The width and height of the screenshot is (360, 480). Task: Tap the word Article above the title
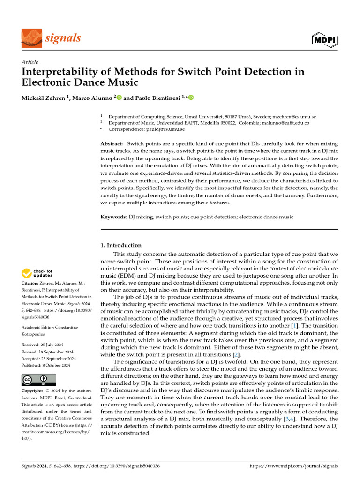pos(30,62)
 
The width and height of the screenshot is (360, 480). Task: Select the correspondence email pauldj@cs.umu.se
pos(165,129)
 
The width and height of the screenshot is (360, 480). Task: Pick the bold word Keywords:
pos(114,217)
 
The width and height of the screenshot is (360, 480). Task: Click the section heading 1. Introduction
pos(121,245)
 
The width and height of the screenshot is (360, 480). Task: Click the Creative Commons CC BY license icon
pos(38,379)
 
